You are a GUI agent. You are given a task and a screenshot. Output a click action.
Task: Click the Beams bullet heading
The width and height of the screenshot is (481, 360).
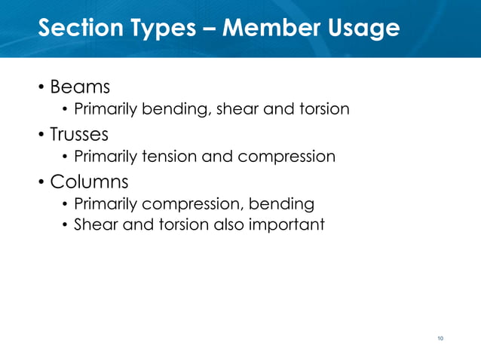pos(75,87)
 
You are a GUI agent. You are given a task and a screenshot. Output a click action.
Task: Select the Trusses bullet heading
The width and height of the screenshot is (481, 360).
pos(79,135)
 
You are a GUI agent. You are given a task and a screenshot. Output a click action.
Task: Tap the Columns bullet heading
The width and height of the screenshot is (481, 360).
pos(89,182)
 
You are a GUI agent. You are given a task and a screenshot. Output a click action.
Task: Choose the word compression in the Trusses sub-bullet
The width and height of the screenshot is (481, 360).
pos(286,157)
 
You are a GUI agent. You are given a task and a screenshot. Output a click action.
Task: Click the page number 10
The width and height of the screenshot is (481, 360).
pos(440,338)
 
